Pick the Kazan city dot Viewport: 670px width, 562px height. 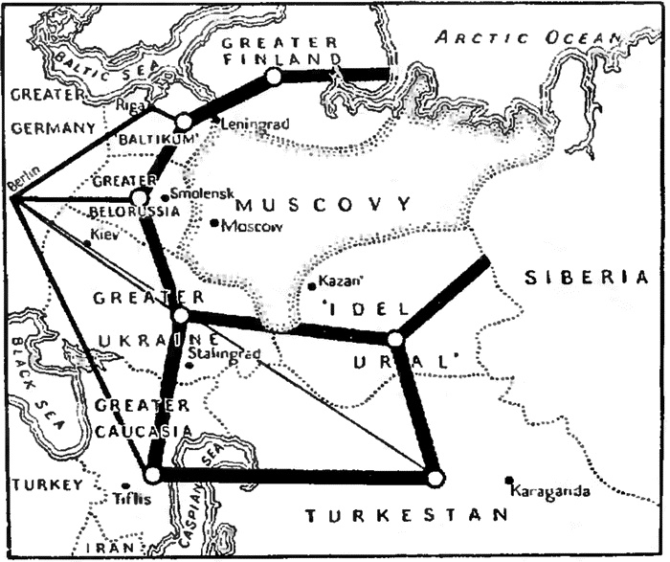[312, 285]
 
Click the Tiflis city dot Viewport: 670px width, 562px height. [125, 484]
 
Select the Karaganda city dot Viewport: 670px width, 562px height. [510, 481]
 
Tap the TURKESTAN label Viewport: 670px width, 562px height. [406, 516]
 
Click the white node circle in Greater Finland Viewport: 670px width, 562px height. [274, 76]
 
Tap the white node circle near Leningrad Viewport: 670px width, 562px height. [184, 122]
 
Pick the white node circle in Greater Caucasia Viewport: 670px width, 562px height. [152, 474]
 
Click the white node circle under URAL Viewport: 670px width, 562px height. [394, 338]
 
